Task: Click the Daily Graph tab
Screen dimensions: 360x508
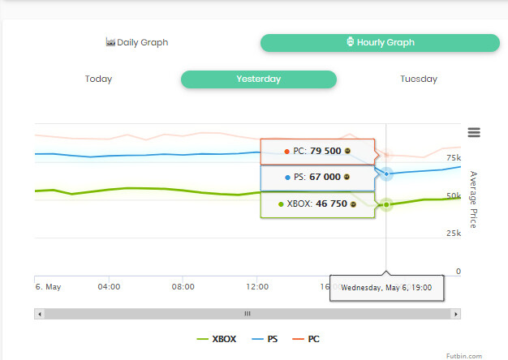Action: tap(137, 42)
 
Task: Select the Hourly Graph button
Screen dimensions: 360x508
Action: tap(380, 42)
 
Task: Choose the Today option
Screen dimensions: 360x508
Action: tap(98, 79)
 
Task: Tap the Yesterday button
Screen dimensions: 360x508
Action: tap(258, 79)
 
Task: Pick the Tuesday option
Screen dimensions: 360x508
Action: tap(418, 79)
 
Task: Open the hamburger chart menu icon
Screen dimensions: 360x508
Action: tap(474, 133)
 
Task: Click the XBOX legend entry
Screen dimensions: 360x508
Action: tap(217, 339)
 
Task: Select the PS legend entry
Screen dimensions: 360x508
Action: tap(265, 339)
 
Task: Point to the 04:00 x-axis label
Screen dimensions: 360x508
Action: tap(109, 286)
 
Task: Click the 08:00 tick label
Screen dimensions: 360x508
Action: tap(183, 286)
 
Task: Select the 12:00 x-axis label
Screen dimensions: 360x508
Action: tap(257, 286)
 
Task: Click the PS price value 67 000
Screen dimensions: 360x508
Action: tap(325, 177)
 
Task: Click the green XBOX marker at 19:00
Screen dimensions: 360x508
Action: tap(386, 204)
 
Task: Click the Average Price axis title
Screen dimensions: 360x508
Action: tap(473, 199)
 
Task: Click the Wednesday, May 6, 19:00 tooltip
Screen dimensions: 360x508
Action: tap(386, 287)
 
